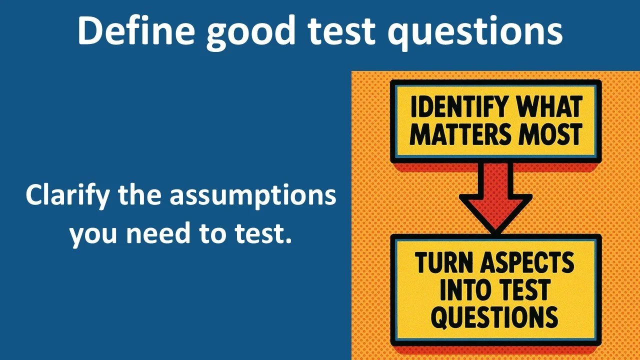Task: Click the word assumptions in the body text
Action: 252,195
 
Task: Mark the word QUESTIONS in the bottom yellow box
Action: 494,317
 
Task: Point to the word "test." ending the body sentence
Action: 264,233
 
